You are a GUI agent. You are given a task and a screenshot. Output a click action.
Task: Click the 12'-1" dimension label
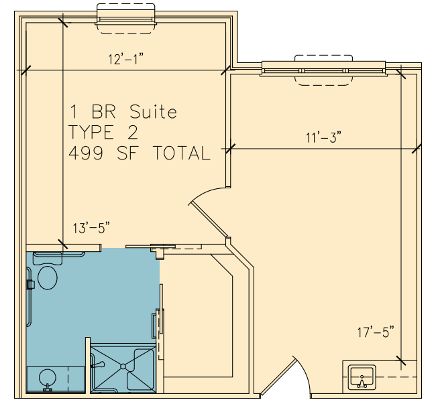point(125,59)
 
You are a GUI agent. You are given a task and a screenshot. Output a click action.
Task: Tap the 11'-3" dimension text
point(323,137)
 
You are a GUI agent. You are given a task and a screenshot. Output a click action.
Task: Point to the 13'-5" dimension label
point(91,228)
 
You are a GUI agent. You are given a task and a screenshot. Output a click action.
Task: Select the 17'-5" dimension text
point(376,332)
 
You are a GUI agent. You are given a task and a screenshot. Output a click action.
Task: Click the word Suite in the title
point(153,112)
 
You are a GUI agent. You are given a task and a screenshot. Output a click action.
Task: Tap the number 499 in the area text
point(86,153)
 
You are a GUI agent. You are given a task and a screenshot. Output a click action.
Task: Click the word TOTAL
point(182,153)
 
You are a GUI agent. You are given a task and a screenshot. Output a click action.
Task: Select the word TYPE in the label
point(91,132)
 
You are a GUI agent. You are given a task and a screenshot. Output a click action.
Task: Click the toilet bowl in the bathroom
point(48,278)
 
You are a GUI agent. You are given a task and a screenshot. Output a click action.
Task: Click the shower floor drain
point(123,366)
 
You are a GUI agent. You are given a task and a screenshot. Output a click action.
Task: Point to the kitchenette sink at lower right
point(362,377)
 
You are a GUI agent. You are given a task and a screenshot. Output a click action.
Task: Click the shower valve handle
point(98,364)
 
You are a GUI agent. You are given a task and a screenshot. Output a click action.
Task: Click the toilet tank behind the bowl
point(48,259)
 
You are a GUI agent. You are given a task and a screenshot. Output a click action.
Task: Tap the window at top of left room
point(125,19)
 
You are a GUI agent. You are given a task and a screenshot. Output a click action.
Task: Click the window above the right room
point(324,70)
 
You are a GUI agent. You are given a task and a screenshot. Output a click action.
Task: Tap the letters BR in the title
point(103,112)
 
